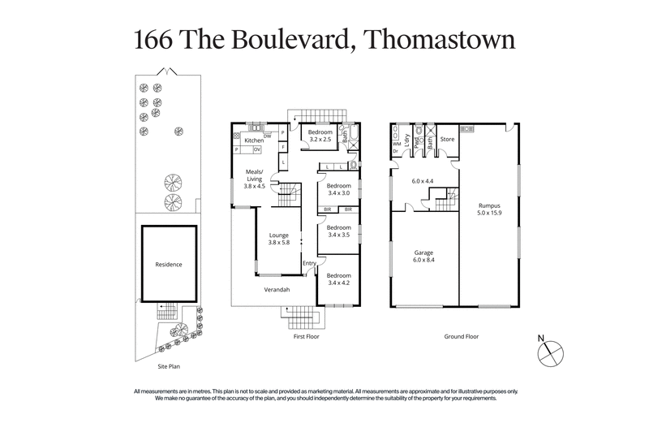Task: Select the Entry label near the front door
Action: pyautogui.click(x=309, y=263)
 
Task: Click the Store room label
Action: pyautogui.click(x=447, y=139)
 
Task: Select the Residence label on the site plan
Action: pyautogui.click(x=169, y=264)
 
